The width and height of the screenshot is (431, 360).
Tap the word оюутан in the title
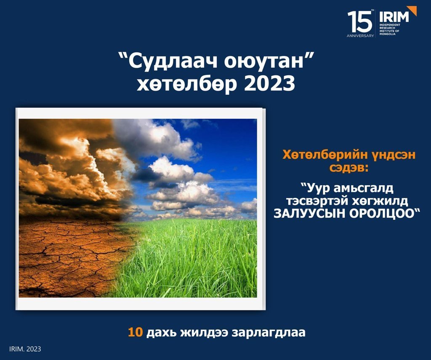263,61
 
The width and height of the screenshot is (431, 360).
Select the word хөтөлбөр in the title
186,84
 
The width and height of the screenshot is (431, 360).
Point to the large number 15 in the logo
359,21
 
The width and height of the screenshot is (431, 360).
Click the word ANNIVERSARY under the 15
360,36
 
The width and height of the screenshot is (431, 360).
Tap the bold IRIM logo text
394,17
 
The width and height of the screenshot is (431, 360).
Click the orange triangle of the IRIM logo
413,10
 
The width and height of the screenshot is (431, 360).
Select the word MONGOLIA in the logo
388,34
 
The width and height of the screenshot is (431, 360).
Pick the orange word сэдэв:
349,168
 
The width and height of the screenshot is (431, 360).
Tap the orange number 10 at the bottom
135,332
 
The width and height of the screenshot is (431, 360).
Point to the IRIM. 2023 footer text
25,349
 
